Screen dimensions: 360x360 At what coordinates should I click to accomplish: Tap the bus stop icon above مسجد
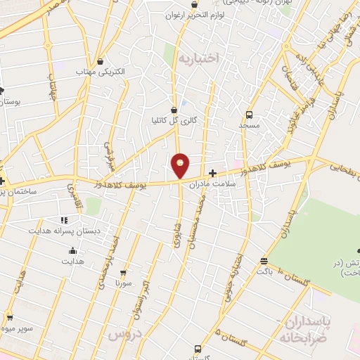tap(249, 115)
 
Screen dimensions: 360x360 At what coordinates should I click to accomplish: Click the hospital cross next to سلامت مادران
tap(213, 172)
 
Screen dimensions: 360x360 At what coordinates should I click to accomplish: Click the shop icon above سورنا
tap(124, 272)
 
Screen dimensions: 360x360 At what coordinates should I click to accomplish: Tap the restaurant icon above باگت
tap(264, 260)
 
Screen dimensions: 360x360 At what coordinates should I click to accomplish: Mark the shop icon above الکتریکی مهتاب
tap(103, 60)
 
